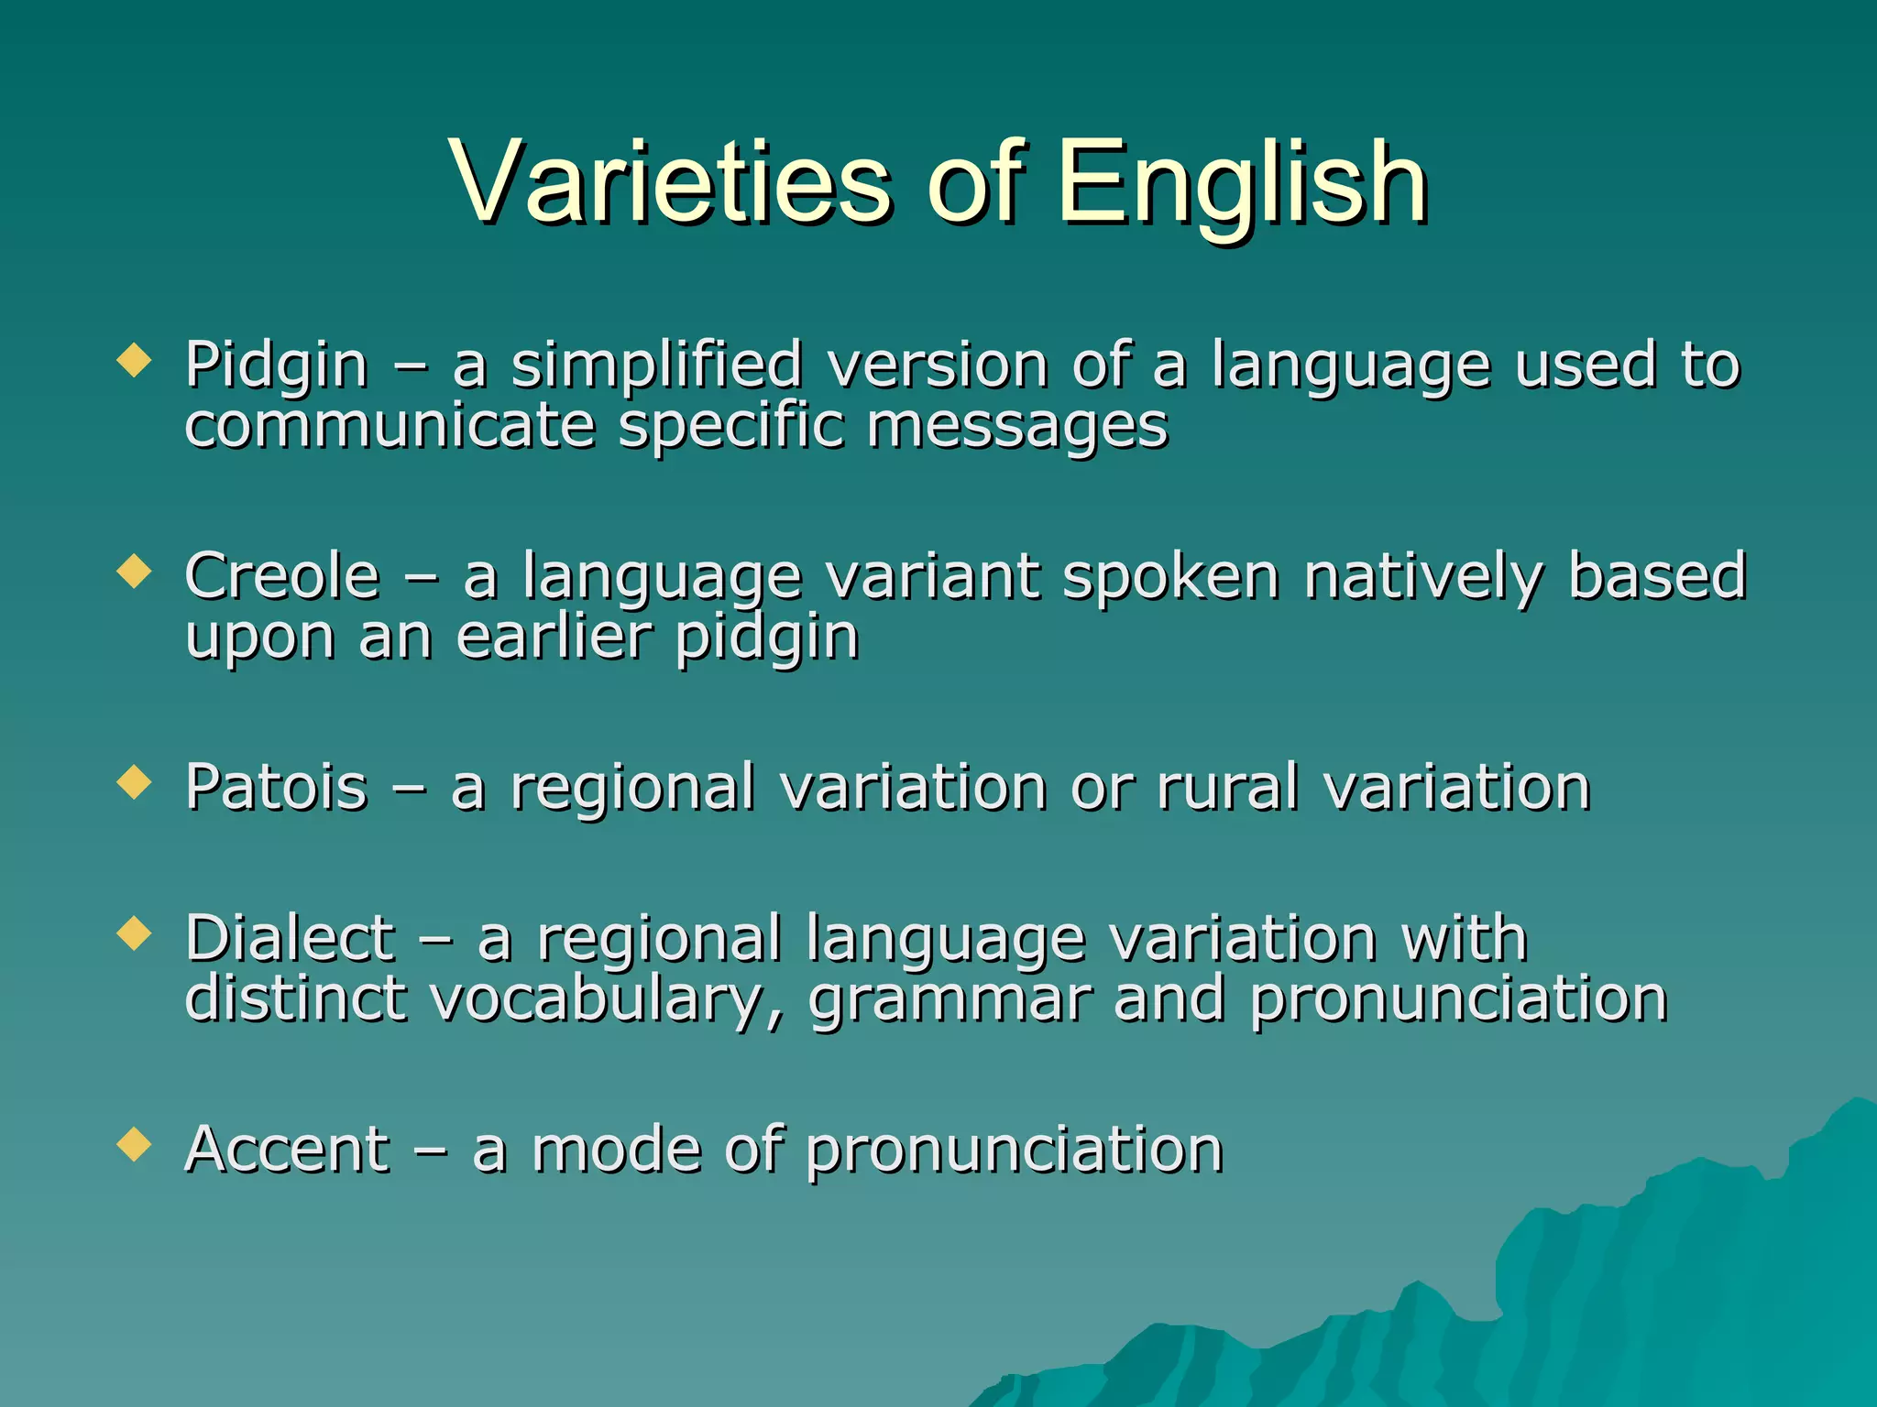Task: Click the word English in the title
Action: pos(1241,183)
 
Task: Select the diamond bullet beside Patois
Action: pos(135,782)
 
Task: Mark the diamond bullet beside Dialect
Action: pos(135,933)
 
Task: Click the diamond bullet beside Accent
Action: pos(135,1144)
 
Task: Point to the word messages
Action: pos(1017,427)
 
